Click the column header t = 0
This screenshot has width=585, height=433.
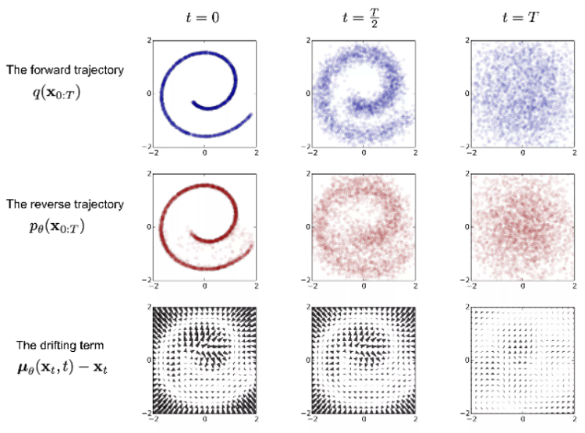[204, 16]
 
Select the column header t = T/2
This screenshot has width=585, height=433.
[363, 16]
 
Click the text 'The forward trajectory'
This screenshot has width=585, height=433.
[65, 70]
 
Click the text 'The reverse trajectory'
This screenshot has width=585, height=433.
[65, 204]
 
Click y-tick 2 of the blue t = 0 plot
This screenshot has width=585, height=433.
[147, 39]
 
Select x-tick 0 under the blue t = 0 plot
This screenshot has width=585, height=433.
[204, 153]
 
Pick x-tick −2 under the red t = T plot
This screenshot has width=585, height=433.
[468, 286]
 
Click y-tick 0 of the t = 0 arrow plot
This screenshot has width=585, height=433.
[147, 360]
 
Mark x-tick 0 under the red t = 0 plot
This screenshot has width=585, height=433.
[204, 286]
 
